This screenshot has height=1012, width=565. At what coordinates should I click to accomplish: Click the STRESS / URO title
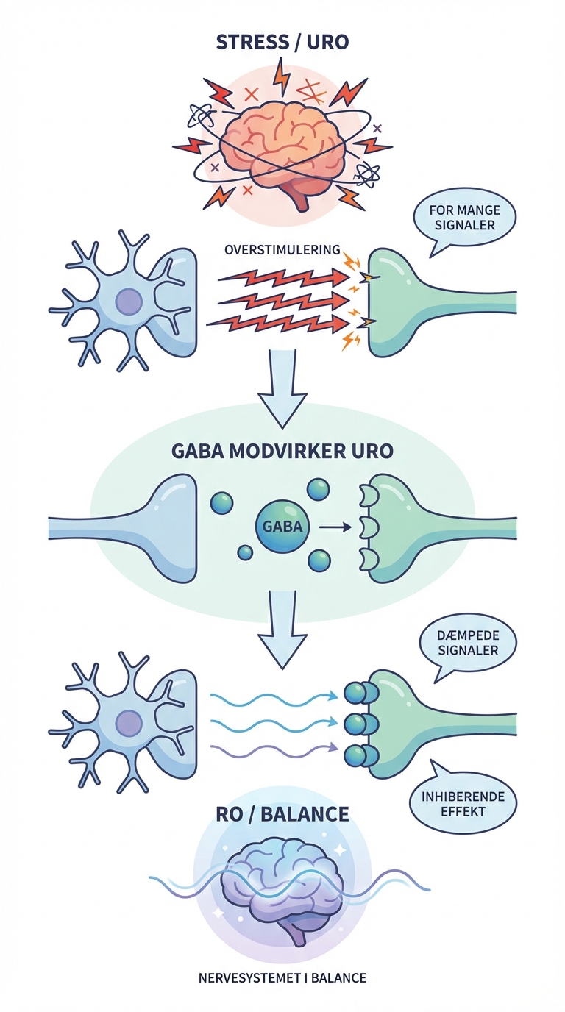tap(282, 42)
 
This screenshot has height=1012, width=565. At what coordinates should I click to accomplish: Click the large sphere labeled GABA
tap(282, 527)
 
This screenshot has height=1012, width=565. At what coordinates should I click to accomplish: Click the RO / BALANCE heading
tap(282, 815)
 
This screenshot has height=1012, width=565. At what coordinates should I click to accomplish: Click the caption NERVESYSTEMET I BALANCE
tap(282, 978)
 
